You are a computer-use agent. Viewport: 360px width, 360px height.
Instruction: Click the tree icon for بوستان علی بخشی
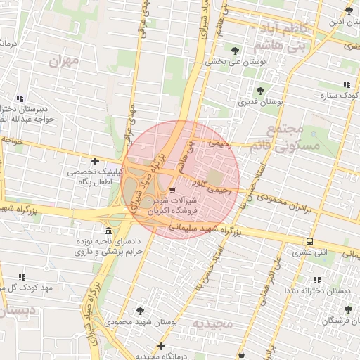click(x=235, y=50)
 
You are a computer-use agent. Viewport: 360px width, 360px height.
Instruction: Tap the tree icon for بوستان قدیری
click(x=260, y=91)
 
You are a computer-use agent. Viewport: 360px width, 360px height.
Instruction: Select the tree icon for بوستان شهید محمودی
click(x=140, y=310)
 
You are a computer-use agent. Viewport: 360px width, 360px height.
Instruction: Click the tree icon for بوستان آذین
click(x=349, y=10)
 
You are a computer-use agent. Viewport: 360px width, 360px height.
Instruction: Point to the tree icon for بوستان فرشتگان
click(x=347, y=309)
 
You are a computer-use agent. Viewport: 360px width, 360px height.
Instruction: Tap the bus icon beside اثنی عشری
click(x=309, y=241)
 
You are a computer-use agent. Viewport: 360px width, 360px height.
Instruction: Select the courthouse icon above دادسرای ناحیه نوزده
click(x=108, y=231)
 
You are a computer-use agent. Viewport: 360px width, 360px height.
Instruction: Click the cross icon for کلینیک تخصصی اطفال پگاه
click(x=95, y=161)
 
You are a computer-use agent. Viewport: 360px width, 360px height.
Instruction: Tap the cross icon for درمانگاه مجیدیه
click(x=162, y=346)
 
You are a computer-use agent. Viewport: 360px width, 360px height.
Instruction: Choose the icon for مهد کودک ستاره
click(x=346, y=84)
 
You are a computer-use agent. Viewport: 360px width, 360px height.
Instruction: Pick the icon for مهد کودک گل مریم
click(x=22, y=278)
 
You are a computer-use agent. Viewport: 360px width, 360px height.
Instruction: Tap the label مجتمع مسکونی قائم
click(x=287, y=137)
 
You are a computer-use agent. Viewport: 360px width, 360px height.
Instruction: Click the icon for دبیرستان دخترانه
click(x=20, y=98)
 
